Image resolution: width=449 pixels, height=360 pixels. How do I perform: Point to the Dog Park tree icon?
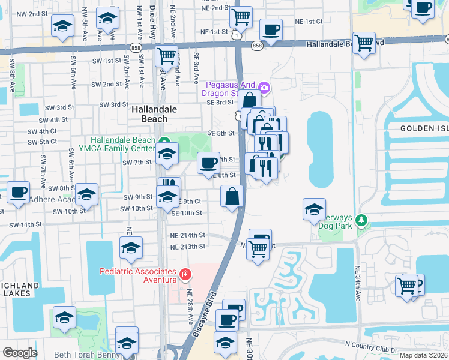pyautogui.click(x=361, y=221)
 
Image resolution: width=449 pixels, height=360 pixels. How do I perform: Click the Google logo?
pyautogui.click(x=19, y=353)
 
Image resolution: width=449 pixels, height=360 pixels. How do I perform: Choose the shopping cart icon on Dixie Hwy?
pyautogui.click(x=166, y=56)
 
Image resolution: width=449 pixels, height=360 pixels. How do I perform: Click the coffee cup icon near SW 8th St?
pyautogui.click(x=17, y=192)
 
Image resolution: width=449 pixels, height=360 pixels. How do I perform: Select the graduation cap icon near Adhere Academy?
pyautogui.click(x=87, y=194)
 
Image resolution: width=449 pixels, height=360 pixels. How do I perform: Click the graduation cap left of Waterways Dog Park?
pyautogui.click(x=314, y=209)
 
